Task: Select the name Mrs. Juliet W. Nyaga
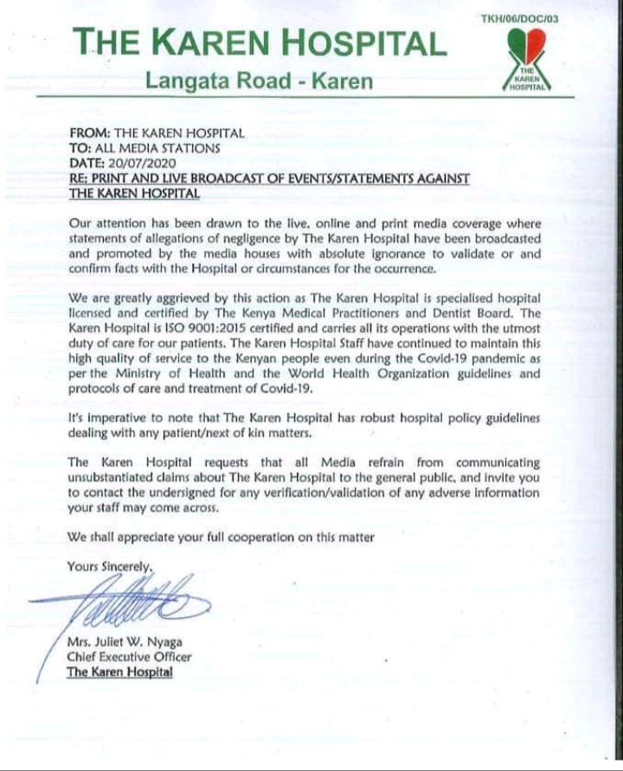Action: click(125, 643)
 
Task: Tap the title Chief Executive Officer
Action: click(129, 657)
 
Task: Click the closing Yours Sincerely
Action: click(110, 567)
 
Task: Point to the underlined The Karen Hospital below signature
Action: click(119, 671)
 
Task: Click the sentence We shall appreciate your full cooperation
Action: click(221, 536)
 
